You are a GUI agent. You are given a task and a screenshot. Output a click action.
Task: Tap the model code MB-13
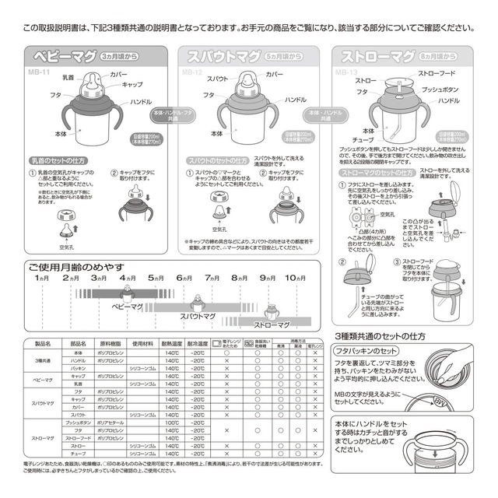345,72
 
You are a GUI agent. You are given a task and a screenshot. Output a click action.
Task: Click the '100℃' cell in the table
172,422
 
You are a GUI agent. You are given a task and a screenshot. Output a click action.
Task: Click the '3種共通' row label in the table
43,361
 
